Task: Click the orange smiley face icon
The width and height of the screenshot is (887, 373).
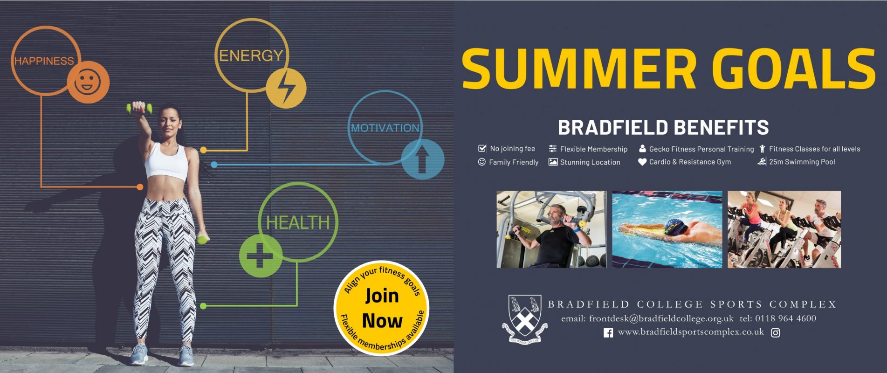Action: (x=88, y=82)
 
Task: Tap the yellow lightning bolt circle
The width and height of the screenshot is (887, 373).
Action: (x=286, y=88)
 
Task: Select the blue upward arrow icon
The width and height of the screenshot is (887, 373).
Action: (x=422, y=159)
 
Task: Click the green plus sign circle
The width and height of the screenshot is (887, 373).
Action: (x=261, y=256)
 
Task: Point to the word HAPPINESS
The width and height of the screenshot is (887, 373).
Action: (x=44, y=61)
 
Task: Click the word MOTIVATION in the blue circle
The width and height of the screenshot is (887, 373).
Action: (x=385, y=128)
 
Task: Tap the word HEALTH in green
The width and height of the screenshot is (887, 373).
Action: (x=298, y=222)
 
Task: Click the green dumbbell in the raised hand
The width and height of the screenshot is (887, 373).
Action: (x=139, y=109)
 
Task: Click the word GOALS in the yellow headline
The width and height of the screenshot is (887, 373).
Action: (x=794, y=69)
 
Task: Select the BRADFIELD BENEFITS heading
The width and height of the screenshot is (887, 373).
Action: (x=663, y=127)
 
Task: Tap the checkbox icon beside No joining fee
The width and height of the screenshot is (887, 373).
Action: (x=482, y=148)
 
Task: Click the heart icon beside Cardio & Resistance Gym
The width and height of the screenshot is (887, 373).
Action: (x=642, y=162)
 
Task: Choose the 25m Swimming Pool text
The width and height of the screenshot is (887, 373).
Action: (x=802, y=162)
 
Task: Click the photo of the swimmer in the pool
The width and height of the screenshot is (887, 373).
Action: (x=667, y=229)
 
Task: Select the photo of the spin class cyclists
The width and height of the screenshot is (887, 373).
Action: (x=784, y=229)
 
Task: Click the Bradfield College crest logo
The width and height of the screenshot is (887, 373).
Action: (x=525, y=319)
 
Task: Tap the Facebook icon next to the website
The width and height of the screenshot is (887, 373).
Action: (x=608, y=333)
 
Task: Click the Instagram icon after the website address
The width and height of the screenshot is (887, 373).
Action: (x=776, y=333)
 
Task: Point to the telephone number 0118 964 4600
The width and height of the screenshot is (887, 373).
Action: (x=785, y=318)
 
